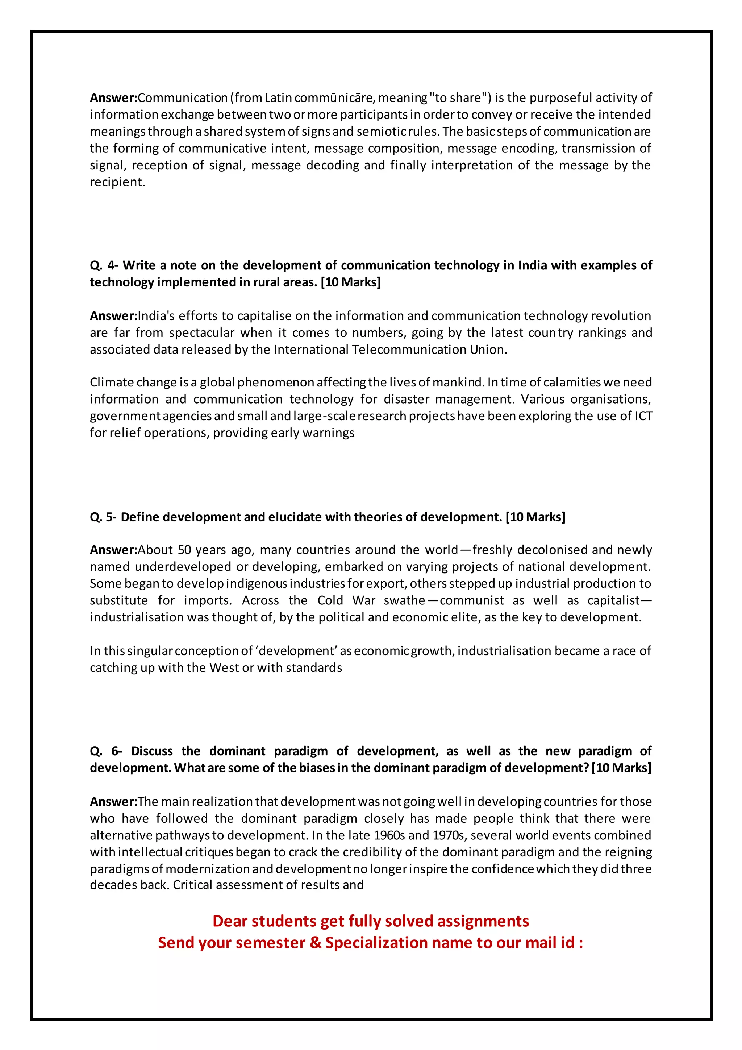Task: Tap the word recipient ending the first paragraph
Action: point(117,182)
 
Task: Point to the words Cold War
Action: point(346,600)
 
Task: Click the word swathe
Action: point(404,600)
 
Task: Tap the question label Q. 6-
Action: point(105,751)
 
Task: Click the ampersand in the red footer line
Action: point(315,943)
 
